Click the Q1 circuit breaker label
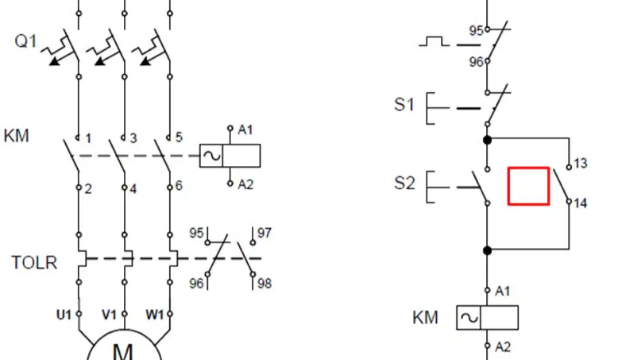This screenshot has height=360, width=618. pyautogui.click(x=25, y=41)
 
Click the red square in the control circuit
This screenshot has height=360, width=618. pyautogui.click(x=528, y=168)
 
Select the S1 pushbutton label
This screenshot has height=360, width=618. pyautogui.click(x=404, y=104)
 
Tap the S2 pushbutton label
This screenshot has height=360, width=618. pyautogui.click(x=404, y=184)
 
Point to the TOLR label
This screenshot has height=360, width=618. pyautogui.click(x=34, y=262)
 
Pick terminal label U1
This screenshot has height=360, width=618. pyautogui.click(x=64, y=315)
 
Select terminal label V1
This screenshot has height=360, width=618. pyautogui.click(x=109, y=315)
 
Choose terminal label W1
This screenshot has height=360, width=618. pyautogui.click(x=154, y=315)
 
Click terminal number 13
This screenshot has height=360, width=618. pyautogui.click(x=581, y=163)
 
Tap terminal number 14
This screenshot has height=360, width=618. pyautogui.click(x=581, y=203)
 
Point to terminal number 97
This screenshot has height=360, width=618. pyautogui.click(x=265, y=233)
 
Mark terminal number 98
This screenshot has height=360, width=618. pyautogui.click(x=265, y=284)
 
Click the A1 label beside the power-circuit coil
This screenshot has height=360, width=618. pyautogui.click(x=245, y=130)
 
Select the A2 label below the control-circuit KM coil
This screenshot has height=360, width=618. pyautogui.click(x=503, y=347)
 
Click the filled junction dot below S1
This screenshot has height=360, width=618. pyautogui.click(x=488, y=140)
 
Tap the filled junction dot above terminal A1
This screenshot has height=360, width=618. pyautogui.click(x=488, y=250)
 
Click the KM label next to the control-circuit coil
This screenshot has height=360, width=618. pyautogui.click(x=425, y=317)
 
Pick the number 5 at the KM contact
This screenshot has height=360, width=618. pyautogui.click(x=179, y=137)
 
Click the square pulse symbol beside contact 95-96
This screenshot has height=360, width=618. pyautogui.click(x=434, y=41)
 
